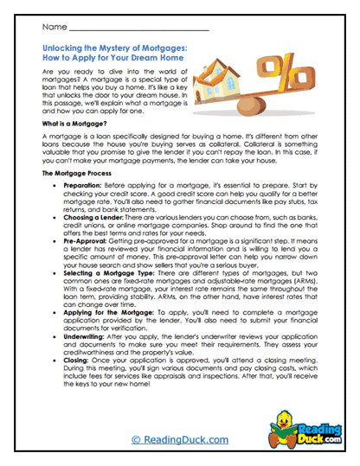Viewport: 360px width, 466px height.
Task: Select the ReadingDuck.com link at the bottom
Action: (179, 440)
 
